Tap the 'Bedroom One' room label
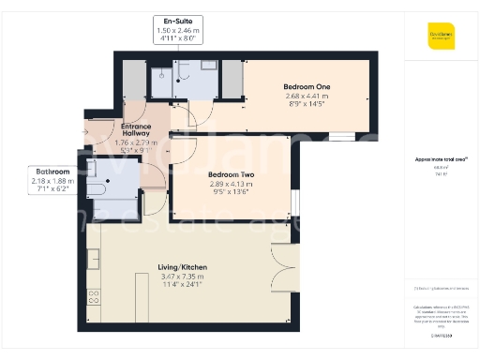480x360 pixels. [x=307, y=87]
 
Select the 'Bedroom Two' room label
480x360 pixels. [x=231, y=175]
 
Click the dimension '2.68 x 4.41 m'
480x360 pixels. [x=307, y=97]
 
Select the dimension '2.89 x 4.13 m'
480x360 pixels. [x=231, y=186]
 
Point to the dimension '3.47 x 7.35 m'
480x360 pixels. [x=183, y=277]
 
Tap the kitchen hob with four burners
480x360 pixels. [x=94, y=298]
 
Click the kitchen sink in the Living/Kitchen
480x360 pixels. [x=94, y=257]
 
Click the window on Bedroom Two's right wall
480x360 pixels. [x=292, y=202]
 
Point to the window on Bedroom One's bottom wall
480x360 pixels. [x=341, y=135]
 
